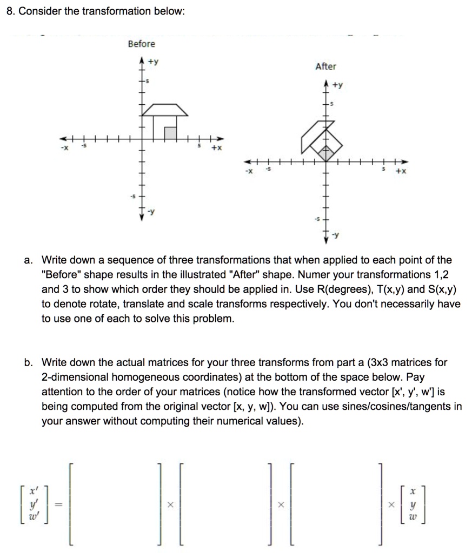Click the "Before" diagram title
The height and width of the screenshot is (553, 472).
(x=141, y=44)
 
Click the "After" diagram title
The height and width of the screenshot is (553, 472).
(x=325, y=66)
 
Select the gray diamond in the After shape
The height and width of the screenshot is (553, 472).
(x=325, y=154)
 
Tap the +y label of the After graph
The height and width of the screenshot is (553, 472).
(x=338, y=85)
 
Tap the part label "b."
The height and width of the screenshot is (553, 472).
(x=29, y=362)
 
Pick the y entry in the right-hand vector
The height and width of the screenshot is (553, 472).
(x=413, y=505)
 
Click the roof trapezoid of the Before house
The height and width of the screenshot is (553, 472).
(x=164, y=110)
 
